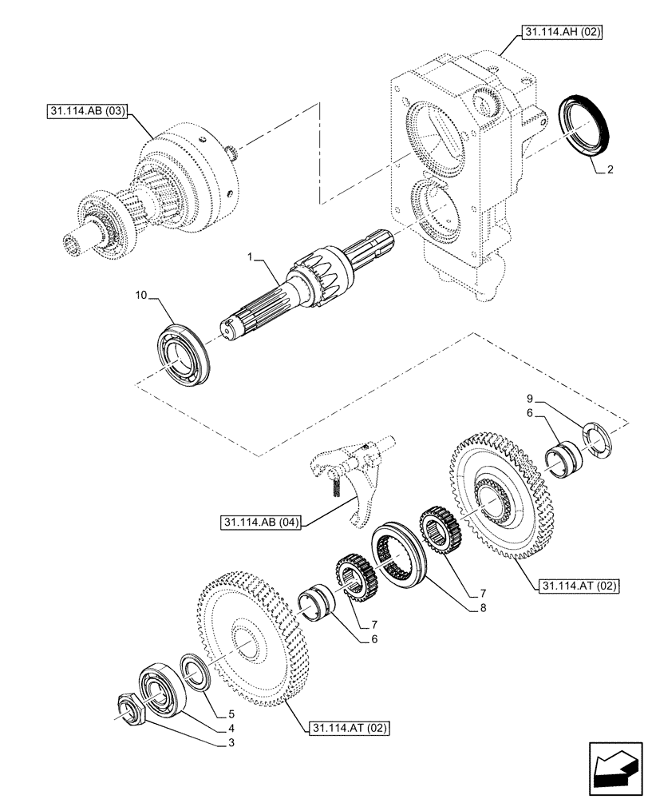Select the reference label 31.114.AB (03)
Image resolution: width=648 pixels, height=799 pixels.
(82, 109)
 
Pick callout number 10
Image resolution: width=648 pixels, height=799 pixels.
(140, 296)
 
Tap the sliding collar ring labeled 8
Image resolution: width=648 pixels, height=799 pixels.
(402, 553)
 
